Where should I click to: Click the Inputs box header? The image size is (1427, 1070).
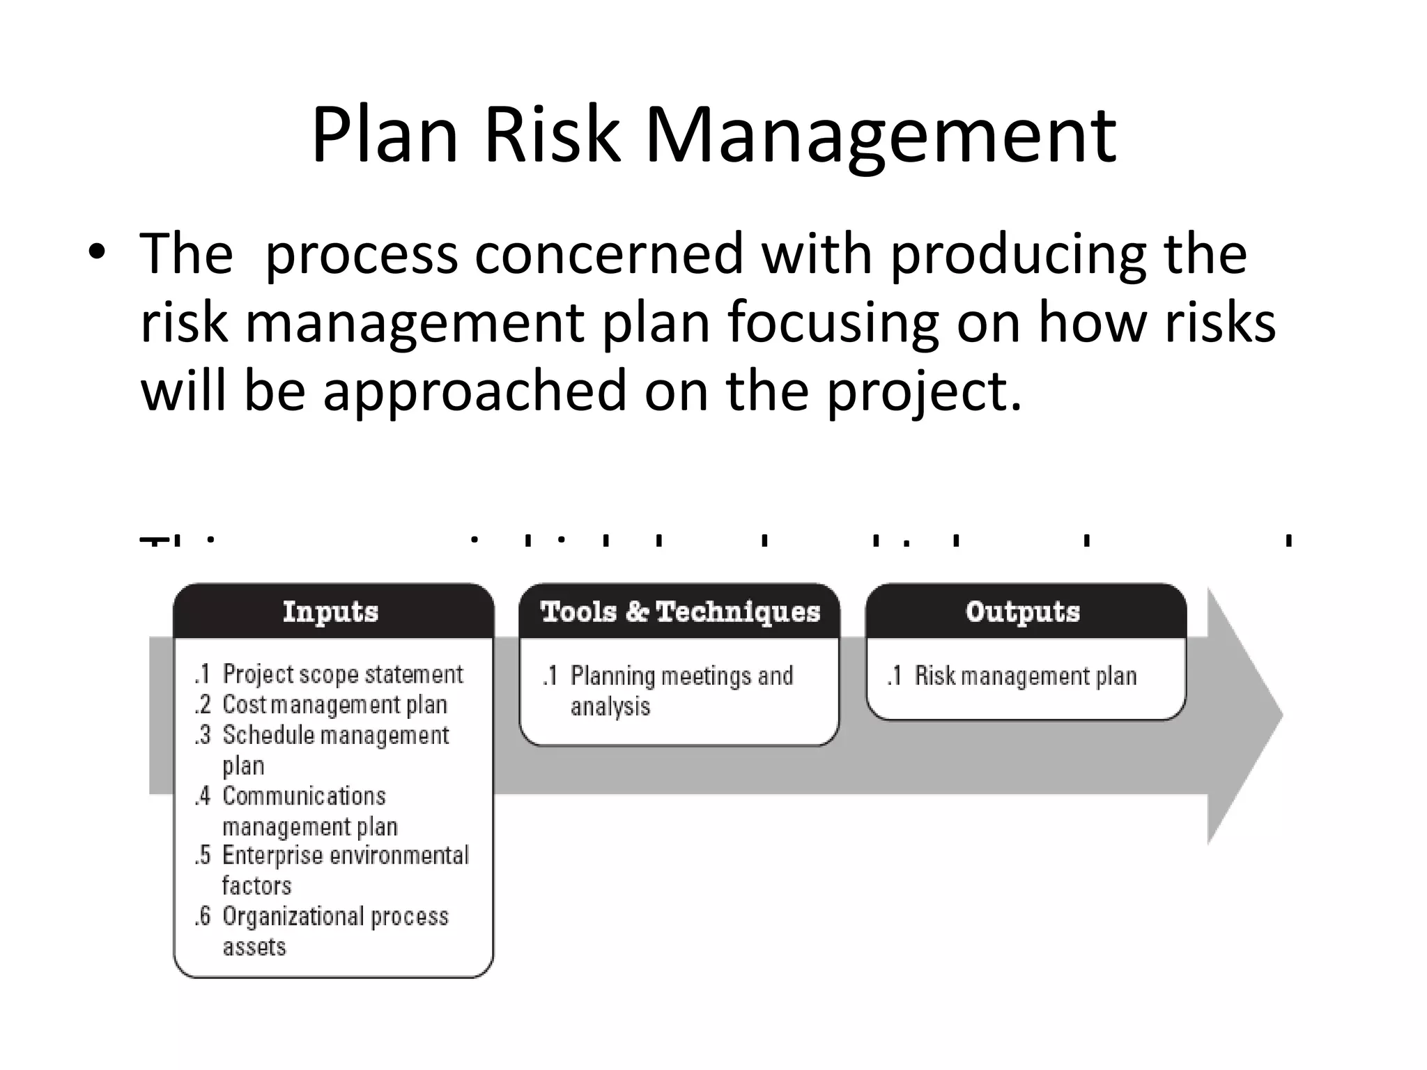pyautogui.click(x=331, y=612)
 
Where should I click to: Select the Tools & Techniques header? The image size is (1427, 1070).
pyautogui.click(x=680, y=612)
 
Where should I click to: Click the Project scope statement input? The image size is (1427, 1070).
pyautogui.click(x=342, y=674)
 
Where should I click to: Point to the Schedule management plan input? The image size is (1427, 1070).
pyautogui.click(x=335, y=750)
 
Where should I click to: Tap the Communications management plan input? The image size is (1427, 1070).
pyautogui.click(x=309, y=811)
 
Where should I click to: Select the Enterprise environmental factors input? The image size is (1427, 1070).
pyautogui.click(x=345, y=870)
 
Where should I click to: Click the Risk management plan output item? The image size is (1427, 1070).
pyautogui.click(x=1025, y=676)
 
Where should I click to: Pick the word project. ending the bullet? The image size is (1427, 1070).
pyautogui.click(x=924, y=392)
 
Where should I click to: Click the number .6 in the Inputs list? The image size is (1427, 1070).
pyautogui.click(x=203, y=916)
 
